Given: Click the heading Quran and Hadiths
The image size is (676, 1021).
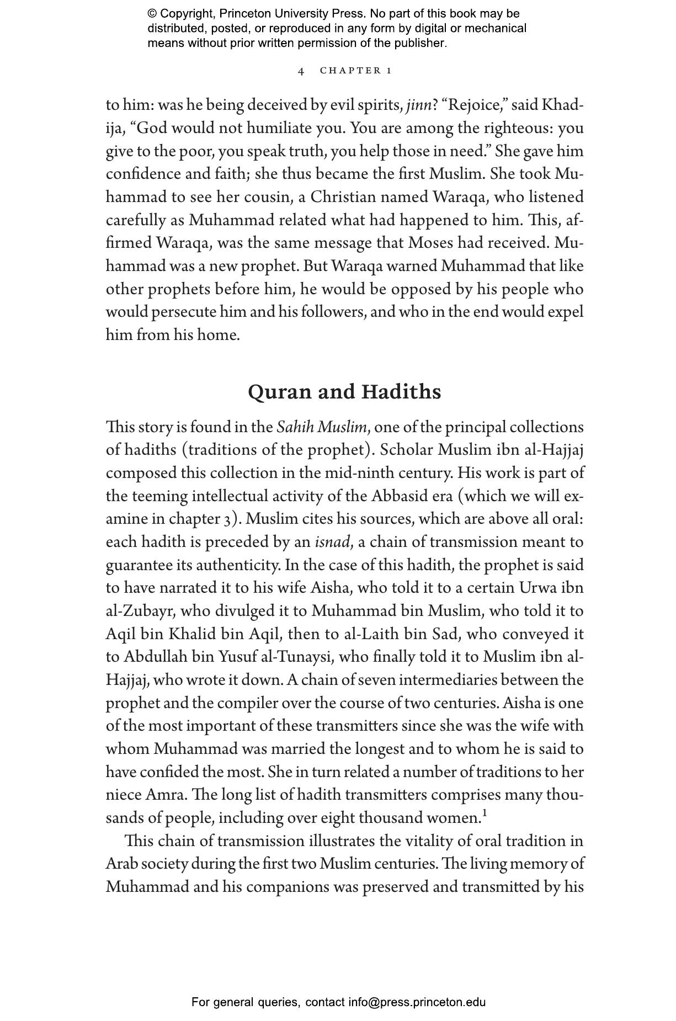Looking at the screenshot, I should [x=344, y=392].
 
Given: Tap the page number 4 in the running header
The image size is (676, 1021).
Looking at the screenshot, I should [x=301, y=71].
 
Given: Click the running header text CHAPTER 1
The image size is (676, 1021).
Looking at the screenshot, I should [x=356, y=71].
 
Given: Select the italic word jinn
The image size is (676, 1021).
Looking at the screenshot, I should [x=419, y=105].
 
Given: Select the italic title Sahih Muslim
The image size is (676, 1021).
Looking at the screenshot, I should [x=322, y=427].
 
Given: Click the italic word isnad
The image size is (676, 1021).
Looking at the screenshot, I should [x=332, y=542].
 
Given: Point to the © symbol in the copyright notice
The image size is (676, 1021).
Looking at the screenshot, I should [x=152, y=14].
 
